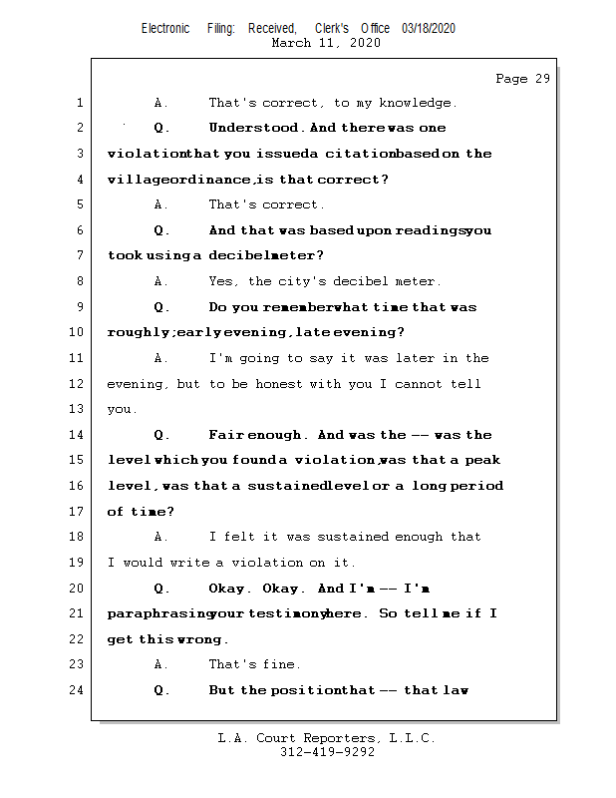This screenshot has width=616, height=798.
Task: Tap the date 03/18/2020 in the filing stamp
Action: click(429, 29)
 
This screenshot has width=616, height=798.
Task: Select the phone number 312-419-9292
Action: click(327, 752)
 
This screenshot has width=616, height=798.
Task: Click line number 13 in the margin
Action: click(79, 409)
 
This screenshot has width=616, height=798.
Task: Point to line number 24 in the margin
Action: click(79, 690)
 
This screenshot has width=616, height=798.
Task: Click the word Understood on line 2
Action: click(253, 128)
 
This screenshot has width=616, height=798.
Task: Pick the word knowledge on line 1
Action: click(419, 103)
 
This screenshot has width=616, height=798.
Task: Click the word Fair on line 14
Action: click(225, 435)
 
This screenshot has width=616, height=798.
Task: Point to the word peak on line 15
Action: click(483, 461)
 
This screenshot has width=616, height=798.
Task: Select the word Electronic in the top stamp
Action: click(165, 29)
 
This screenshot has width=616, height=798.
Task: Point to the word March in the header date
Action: click(292, 44)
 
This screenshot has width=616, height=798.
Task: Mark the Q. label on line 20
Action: click(162, 589)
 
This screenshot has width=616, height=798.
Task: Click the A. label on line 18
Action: click(161, 537)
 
